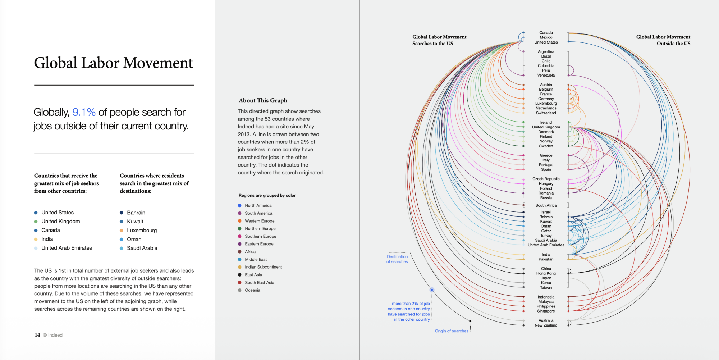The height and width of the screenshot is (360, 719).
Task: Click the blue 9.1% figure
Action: tap(84, 112)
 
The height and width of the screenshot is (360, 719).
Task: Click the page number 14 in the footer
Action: tap(37, 335)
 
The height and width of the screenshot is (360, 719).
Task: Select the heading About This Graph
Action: tap(263, 101)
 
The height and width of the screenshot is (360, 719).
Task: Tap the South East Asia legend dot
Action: tap(240, 283)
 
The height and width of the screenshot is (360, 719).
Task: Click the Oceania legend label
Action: tap(252, 290)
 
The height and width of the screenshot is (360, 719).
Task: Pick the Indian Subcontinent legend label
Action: tap(263, 267)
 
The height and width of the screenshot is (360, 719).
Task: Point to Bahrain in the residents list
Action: tap(136, 213)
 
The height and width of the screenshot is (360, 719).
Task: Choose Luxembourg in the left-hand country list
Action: tap(142, 230)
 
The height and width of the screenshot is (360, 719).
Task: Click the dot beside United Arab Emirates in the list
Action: tap(36, 248)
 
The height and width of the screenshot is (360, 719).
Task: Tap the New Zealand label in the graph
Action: tap(546, 325)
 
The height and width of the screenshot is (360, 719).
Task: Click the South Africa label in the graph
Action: tap(546, 206)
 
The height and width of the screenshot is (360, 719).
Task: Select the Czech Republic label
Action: tap(546, 179)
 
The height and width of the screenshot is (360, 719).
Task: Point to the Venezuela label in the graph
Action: tap(546, 76)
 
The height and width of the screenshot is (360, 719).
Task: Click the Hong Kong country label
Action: tap(546, 273)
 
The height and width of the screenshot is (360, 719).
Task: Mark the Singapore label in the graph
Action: tap(546, 311)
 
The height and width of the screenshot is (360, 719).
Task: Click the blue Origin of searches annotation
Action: tap(452, 331)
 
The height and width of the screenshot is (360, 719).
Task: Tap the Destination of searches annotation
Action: tap(397, 259)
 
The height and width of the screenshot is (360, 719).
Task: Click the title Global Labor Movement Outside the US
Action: tap(663, 40)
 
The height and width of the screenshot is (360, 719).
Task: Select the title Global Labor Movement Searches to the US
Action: tap(439, 40)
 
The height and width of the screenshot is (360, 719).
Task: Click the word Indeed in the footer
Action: tap(55, 335)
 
